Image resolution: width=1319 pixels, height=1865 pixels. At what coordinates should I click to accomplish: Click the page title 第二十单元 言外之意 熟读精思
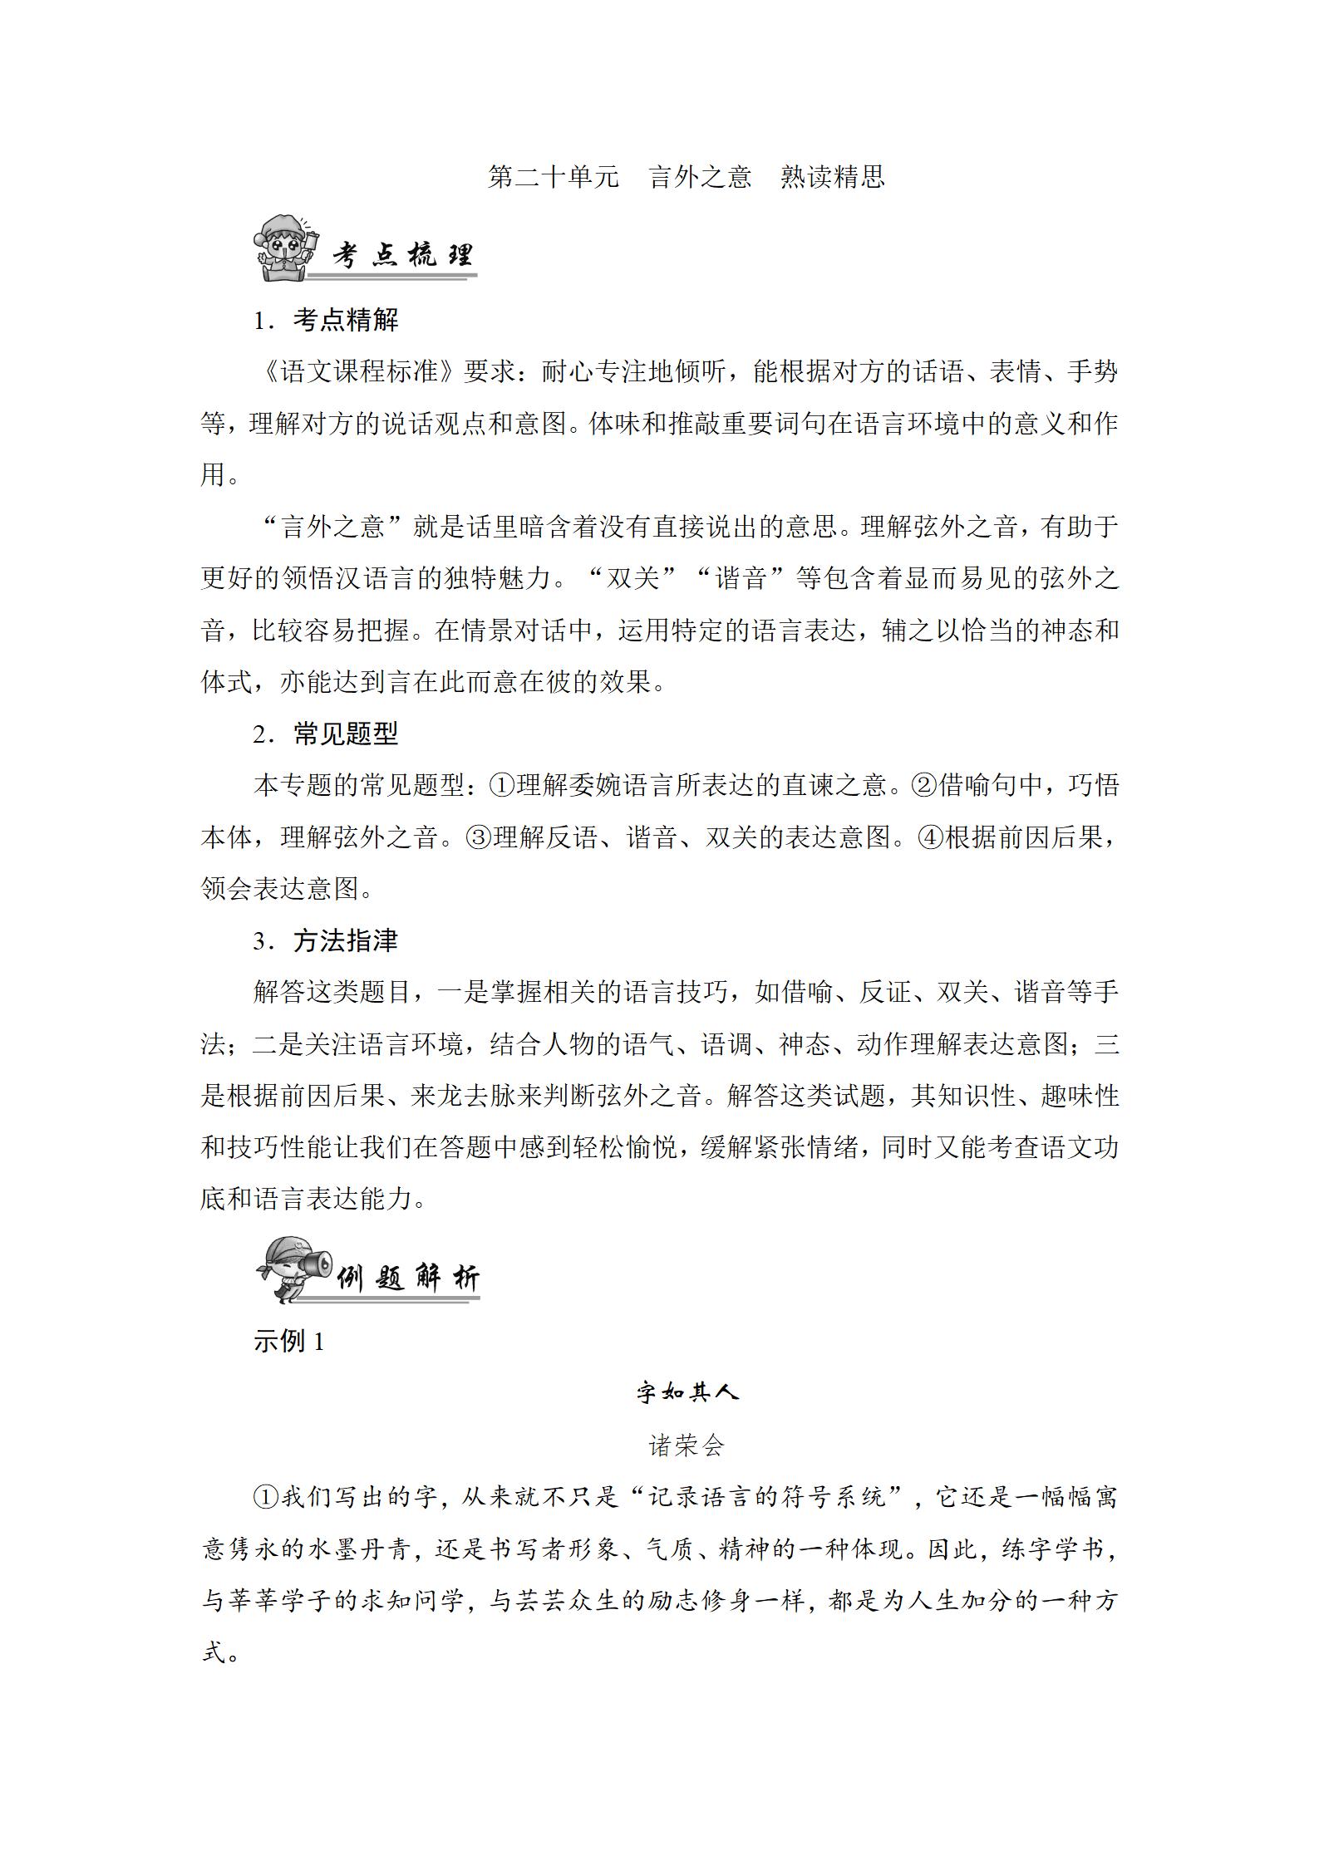click(x=687, y=177)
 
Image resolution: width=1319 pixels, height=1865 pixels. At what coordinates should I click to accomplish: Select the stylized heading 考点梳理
click(x=402, y=256)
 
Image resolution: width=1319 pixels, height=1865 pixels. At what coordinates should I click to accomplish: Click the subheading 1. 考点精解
click(x=327, y=321)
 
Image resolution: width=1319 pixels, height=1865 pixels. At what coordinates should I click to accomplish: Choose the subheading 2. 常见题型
click(x=327, y=734)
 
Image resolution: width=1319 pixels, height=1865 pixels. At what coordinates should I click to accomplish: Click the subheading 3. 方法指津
click(x=327, y=941)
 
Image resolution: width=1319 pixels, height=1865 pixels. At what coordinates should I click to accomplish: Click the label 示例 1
click(x=288, y=1341)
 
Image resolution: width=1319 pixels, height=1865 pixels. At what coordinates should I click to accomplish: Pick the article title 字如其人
click(x=687, y=1392)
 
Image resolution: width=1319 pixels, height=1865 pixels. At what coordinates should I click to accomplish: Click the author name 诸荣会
click(x=687, y=1445)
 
